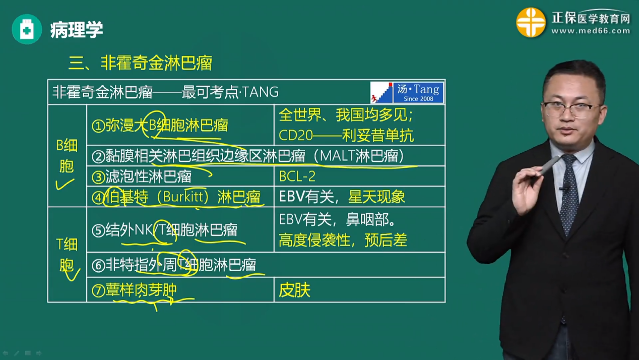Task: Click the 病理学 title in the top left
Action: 77,30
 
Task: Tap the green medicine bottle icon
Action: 27,30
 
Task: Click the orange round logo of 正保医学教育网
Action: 531,23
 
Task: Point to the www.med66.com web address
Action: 591,31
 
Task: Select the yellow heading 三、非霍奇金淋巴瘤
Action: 140,63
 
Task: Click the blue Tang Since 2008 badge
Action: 418,92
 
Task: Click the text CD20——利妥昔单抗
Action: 346,135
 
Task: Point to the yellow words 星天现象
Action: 376,197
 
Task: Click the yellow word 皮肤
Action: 294,290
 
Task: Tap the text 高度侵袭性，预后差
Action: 343,241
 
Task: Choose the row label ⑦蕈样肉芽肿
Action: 135,290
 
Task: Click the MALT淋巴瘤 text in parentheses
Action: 362,156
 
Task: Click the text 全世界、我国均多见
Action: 346,115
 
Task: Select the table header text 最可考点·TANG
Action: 230,92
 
